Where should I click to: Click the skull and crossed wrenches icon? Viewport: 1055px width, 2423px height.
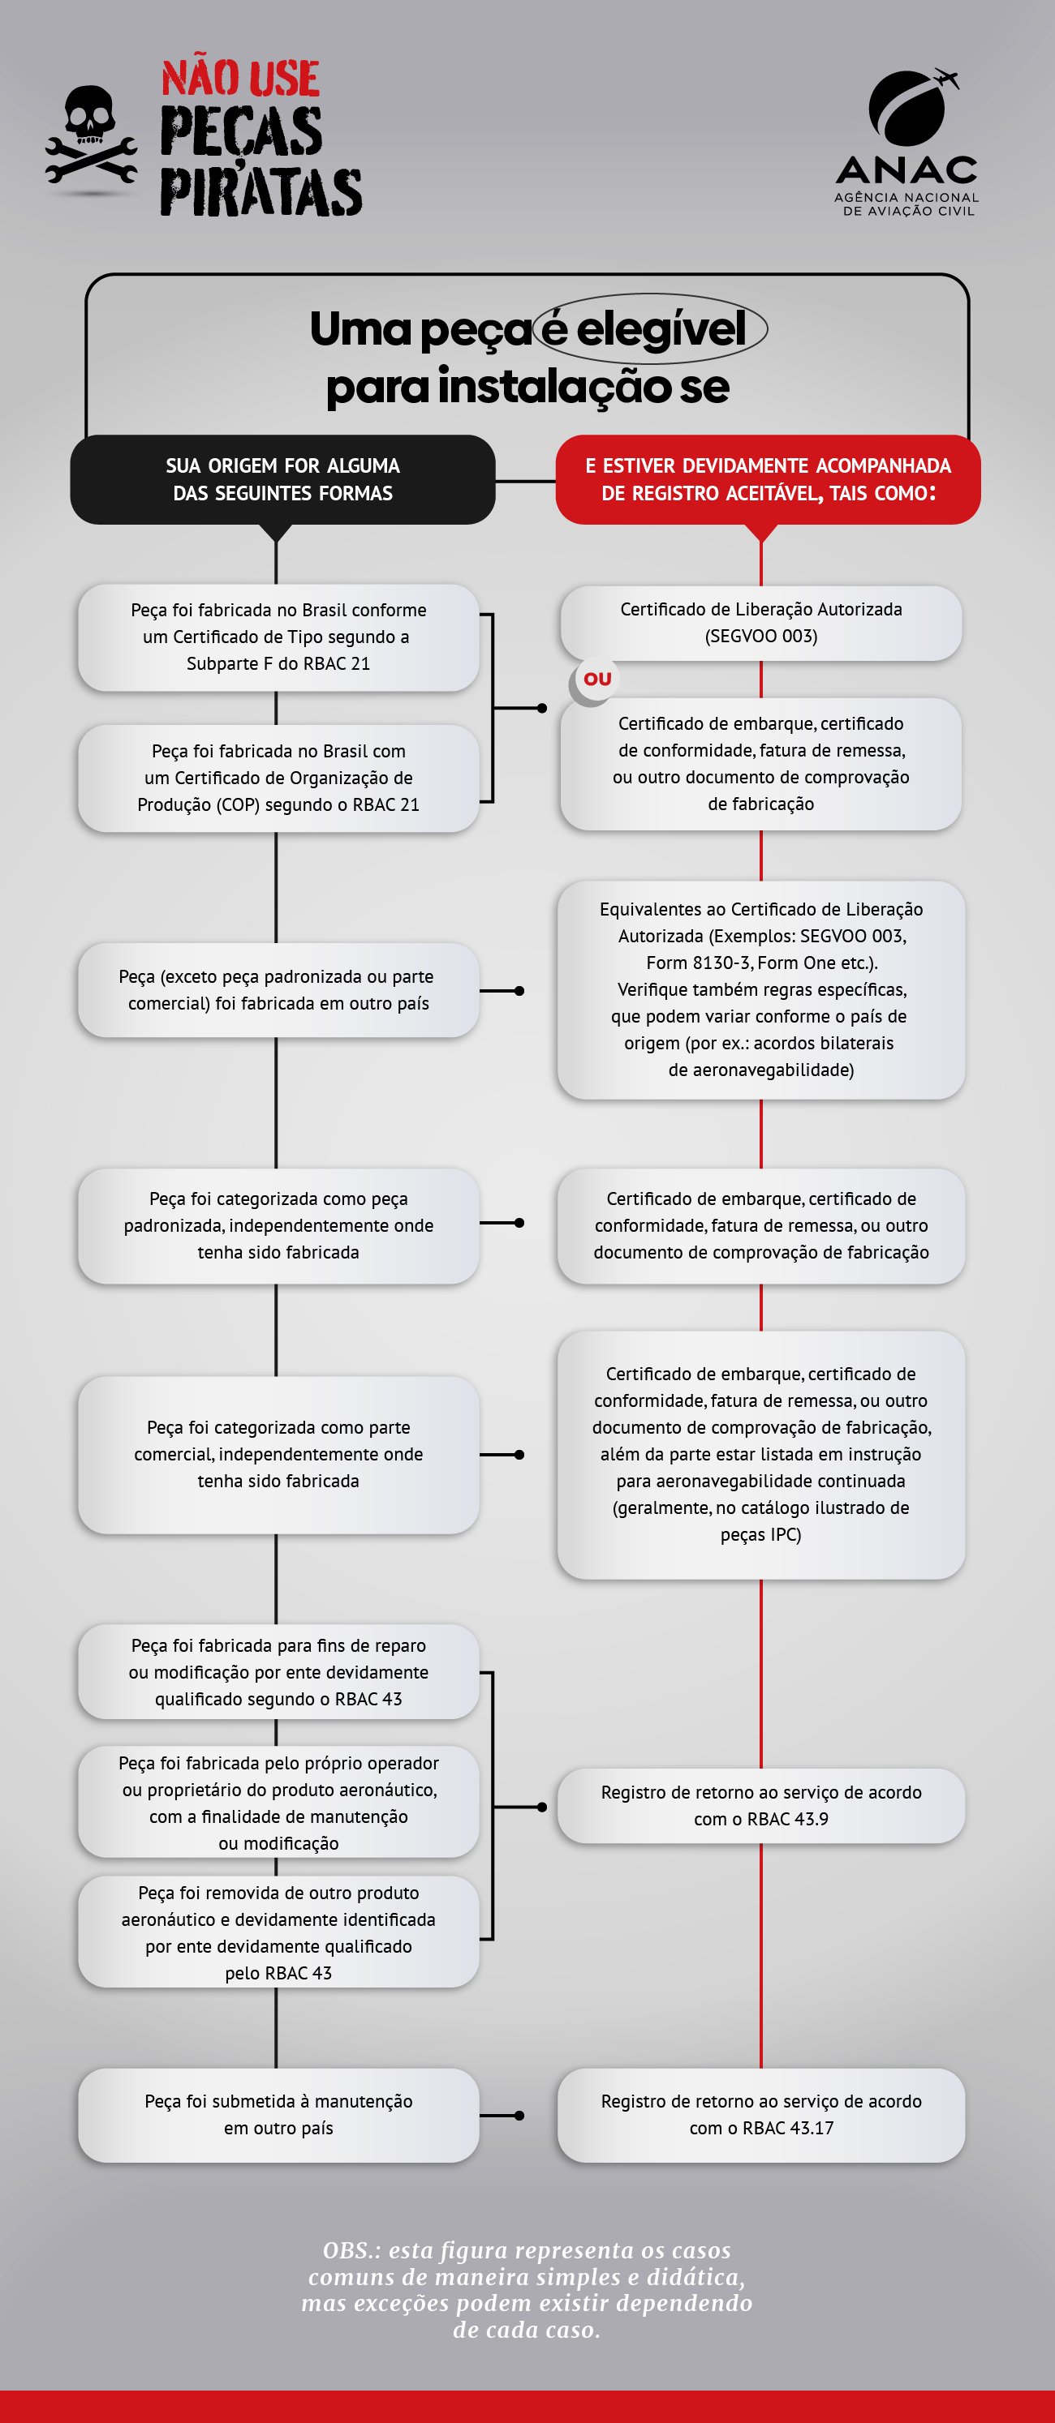[90, 139]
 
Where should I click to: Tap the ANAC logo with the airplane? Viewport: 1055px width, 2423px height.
[906, 141]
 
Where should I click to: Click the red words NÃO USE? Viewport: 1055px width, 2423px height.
[240, 79]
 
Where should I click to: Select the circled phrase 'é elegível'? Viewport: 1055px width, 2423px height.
[650, 329]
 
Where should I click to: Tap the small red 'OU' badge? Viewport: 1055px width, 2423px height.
[596, 679]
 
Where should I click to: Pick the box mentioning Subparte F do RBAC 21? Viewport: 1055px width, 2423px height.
[278, 637]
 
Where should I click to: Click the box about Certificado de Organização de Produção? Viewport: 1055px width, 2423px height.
[278, 778]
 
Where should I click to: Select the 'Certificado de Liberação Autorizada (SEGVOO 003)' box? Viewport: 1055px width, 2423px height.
[760, 623]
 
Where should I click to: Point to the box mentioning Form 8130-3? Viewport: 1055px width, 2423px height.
[760, 989]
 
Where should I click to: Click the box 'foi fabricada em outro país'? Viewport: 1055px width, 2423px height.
[278, 989]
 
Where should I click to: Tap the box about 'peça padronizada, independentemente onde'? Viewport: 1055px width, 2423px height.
[278, 1225]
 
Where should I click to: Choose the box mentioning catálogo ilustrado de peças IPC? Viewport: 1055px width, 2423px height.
[760, 1454]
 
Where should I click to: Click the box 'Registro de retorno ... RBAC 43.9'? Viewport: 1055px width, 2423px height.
[760, 1806]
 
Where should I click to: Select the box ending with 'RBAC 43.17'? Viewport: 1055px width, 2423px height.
[760, 2115]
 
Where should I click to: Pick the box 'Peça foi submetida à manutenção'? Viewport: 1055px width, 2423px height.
[278, 2115]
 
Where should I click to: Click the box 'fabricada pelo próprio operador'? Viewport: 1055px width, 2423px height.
[278, 1802]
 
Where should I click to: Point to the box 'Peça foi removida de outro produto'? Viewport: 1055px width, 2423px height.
[278, 1932]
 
